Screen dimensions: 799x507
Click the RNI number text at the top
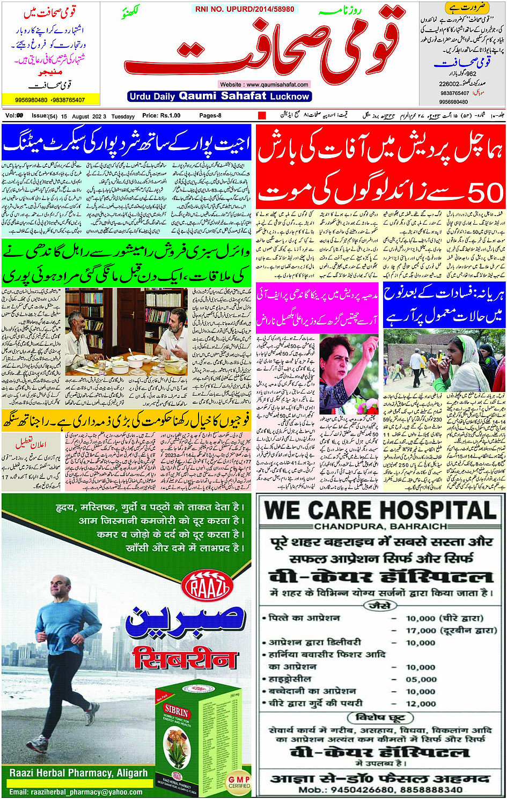245,9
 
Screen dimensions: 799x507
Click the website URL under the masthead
264,84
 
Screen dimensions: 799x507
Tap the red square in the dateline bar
262,115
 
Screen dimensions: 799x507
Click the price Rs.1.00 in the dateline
161,116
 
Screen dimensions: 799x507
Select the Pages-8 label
210,116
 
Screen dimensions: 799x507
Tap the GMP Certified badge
239,781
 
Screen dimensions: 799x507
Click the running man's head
61,588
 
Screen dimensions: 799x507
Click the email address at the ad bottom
76,792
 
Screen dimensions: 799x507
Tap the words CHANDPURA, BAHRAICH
380,527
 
